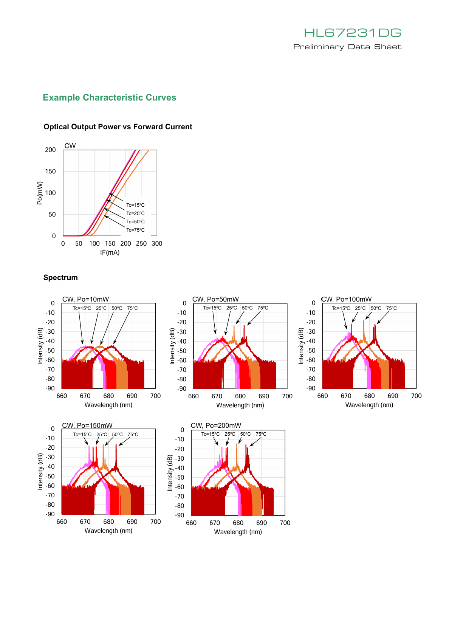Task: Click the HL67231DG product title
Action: (x=352, y=32)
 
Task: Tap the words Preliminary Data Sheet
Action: (x=347, y=46)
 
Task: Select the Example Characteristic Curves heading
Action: (x=109, y=97)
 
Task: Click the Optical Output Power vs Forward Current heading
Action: (x=118, y=127)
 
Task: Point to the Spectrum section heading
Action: (x=60, y=277)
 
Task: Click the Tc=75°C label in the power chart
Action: (x=135, y=230)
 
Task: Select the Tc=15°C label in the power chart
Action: (x=135, y=205)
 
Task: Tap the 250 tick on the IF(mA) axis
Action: (x=141, y=244)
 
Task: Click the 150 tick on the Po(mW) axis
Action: (x=50, y=171)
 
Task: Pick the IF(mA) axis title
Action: (x=110, y=252)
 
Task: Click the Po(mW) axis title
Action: (x=40, y=193)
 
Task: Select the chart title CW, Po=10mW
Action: (x=85, y=299)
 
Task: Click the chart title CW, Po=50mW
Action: (x=215, y=299)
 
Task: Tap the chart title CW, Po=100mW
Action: (x=346, y=299)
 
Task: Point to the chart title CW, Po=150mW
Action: (x=87, y=426)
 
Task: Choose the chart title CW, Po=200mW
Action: (x=216, y=426)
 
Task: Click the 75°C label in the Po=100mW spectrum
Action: (x=391, y=308)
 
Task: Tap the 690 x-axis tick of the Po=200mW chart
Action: (x=261, y=523)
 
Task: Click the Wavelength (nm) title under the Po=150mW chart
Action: (x=108, y=531)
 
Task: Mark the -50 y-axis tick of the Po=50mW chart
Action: (x=182, y=351)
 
